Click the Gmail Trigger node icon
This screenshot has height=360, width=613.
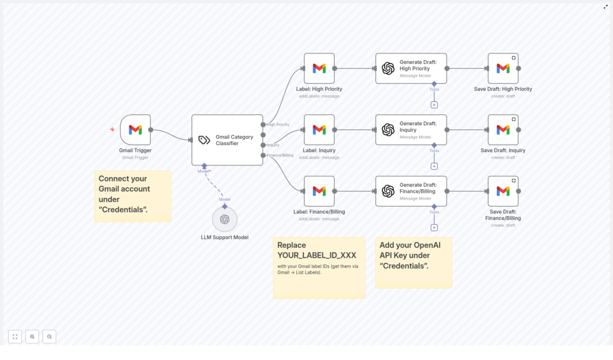[135, 130]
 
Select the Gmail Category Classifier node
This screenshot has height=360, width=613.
[227, 140]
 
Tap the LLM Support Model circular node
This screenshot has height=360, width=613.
[224, 219]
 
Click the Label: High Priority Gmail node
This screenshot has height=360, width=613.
[319, 68]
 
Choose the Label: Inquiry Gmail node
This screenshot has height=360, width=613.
[319, 130]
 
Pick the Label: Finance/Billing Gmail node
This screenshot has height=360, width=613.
[319, 191]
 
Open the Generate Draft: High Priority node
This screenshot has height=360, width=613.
[411, 68]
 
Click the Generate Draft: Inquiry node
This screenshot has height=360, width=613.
[411, 130]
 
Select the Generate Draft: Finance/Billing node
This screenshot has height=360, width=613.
[411, 191]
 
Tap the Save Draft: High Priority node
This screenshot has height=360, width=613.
[503, 68]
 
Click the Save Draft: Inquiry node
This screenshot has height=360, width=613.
[503, 130]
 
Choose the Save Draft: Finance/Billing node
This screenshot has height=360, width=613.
[503, 191]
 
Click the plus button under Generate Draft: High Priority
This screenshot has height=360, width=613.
[434, 105]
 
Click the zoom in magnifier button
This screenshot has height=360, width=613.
[32, 337]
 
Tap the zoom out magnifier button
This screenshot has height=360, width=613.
[49, 337]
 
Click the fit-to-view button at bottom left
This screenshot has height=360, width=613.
[15, 337]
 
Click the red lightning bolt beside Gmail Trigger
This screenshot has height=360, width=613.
[112, 129]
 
